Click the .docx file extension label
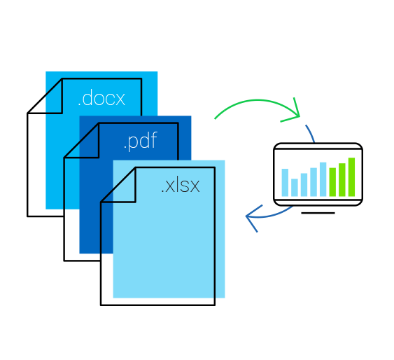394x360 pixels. coord(101,98)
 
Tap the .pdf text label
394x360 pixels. coord(139,142)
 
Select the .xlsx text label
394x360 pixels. coord(180,186)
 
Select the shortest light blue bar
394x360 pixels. coord(295,187)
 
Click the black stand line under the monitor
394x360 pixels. coord(318,212)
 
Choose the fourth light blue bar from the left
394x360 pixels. coord(314,182)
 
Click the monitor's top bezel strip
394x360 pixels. coord(318,146)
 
